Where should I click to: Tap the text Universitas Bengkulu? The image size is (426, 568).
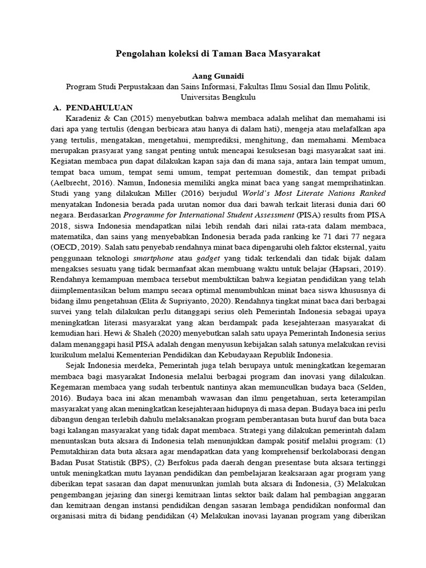coord(213,97)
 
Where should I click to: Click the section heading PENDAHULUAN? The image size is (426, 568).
coord(99,108)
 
